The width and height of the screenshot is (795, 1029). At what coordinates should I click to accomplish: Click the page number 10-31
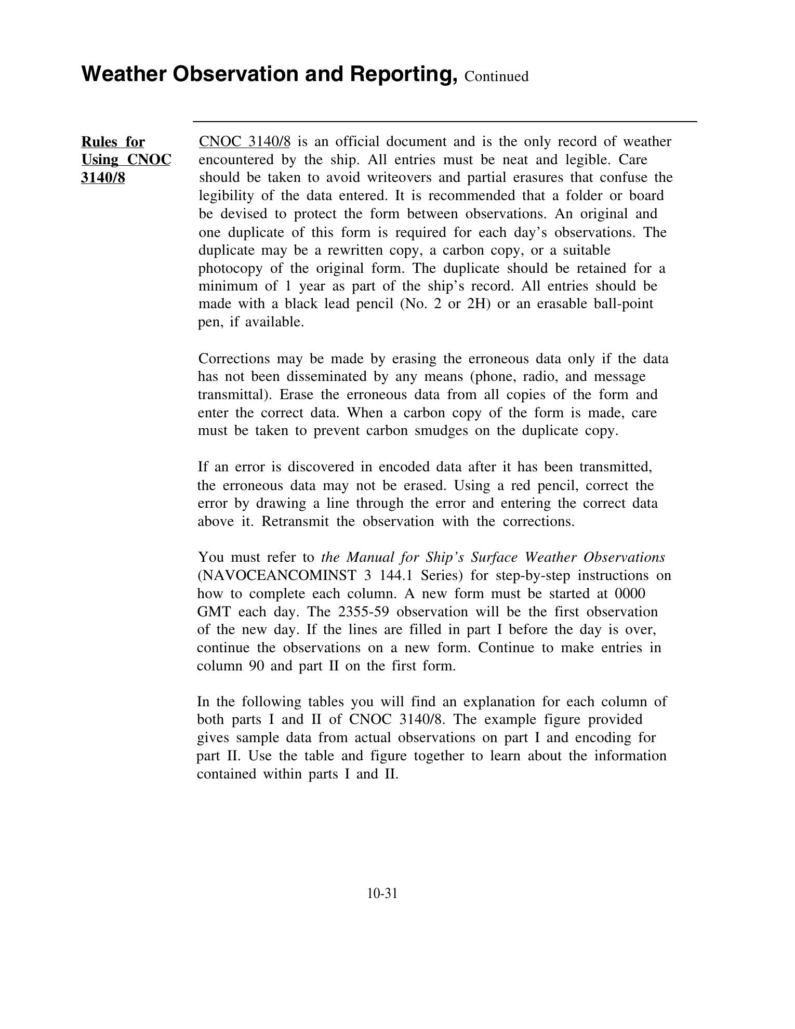tap(382, 893)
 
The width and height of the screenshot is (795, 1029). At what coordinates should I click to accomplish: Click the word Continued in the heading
tap(496, 76)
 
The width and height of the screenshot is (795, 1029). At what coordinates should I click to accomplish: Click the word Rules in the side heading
tap(99, 142)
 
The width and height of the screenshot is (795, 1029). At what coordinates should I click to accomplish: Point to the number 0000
tap(630, 593)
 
